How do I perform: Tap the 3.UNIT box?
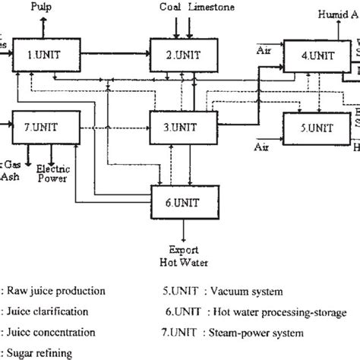pyautogui.click(x=180, y=123)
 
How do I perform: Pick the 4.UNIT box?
pyautogui.click(x=314, y=55)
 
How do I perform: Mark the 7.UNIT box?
pyautogui.click(x=43, y=123)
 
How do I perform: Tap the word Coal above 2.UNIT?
pyautogui.click(x=172, y=7)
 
